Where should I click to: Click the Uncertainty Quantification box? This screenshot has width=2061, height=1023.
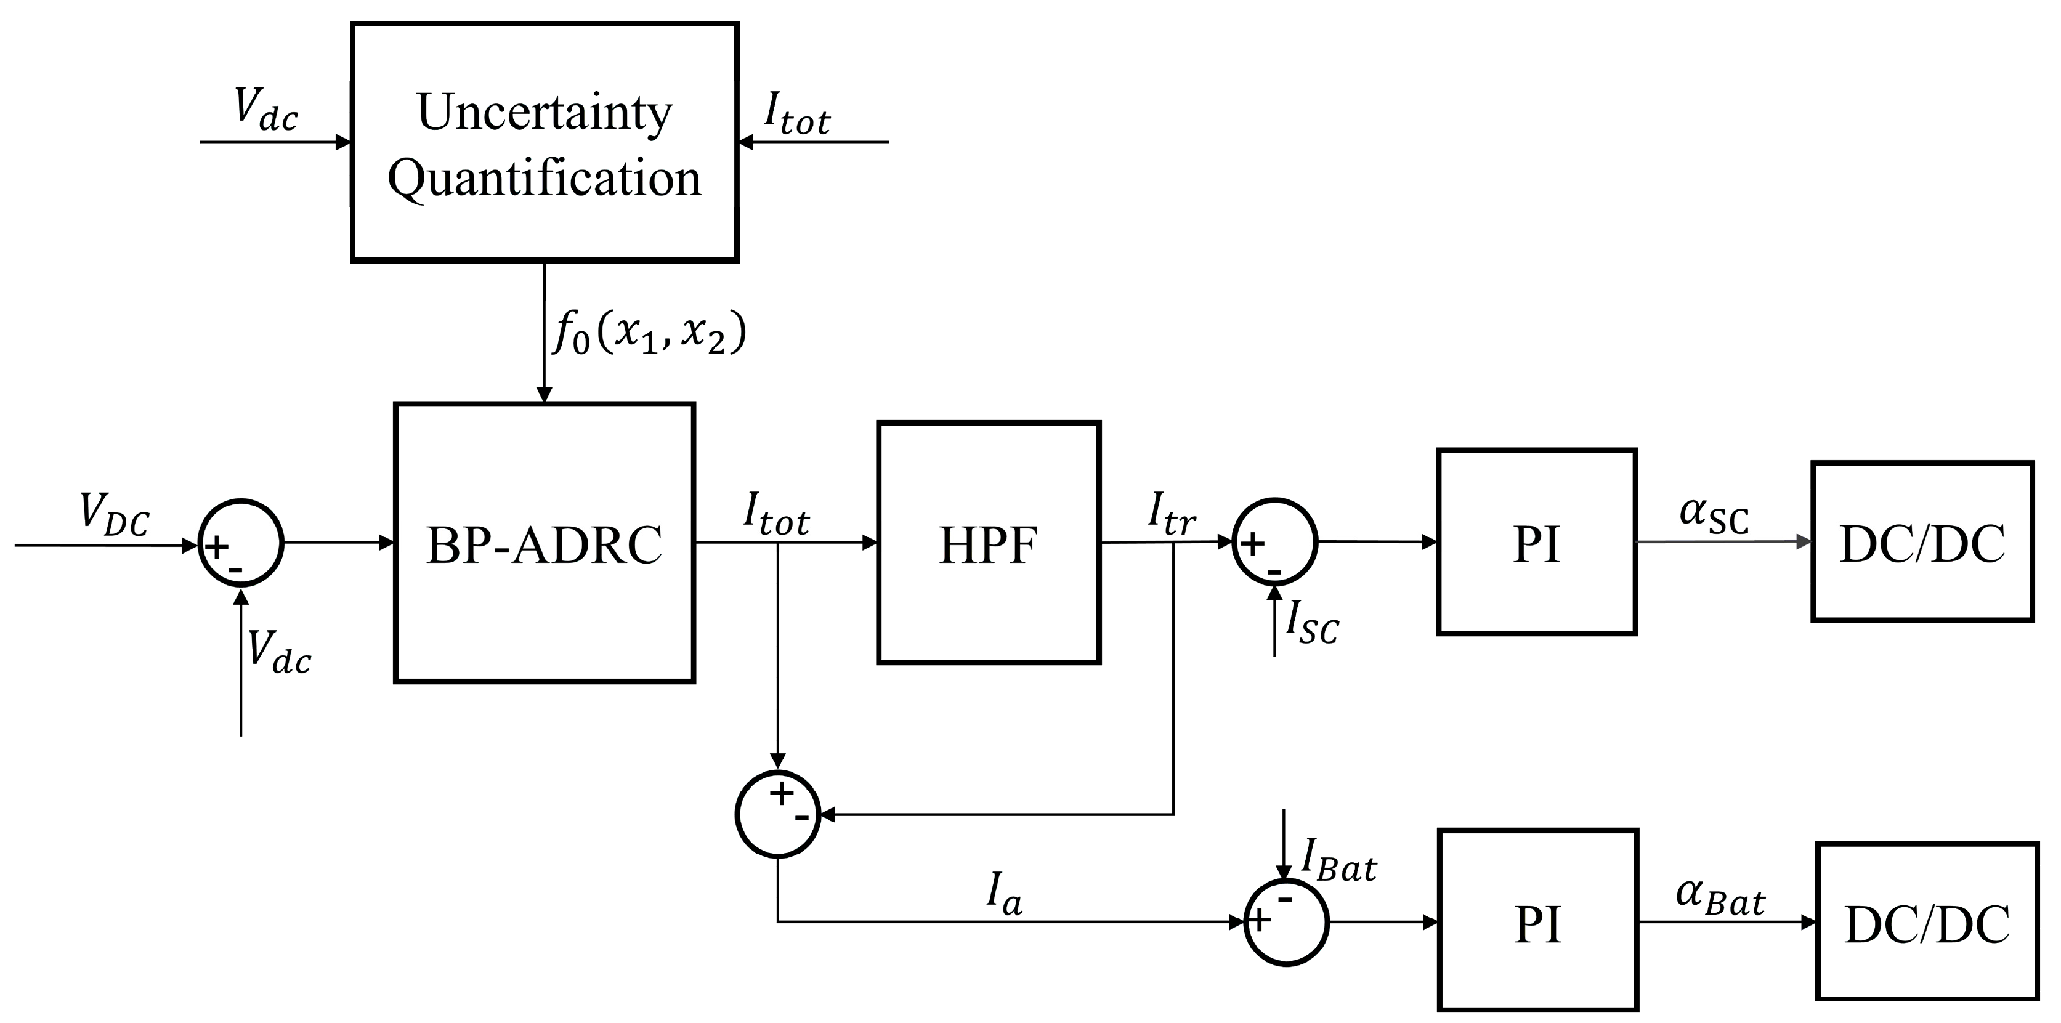544,142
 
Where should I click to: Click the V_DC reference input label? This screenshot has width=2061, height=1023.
115,514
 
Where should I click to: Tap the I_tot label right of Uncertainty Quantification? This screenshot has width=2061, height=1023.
797,115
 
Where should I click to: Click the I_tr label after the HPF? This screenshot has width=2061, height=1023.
1172,514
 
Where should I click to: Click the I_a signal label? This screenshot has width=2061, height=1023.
1004,896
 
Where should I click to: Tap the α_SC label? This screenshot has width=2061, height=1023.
1714,514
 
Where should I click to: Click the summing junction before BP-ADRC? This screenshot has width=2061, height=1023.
240,543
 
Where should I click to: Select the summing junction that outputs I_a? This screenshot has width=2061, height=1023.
778,814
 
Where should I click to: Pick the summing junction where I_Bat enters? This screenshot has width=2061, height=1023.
1286,922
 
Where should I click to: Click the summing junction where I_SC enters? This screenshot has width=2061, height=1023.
1274,542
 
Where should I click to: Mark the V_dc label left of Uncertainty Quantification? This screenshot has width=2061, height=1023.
265,110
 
